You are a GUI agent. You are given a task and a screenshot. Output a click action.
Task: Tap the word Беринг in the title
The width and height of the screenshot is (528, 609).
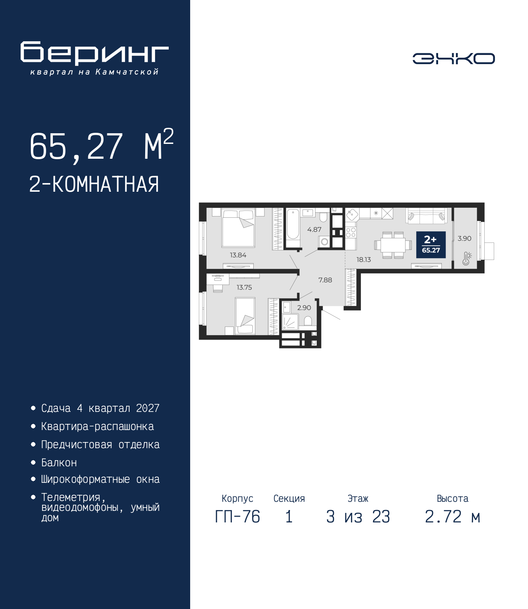(94, 53)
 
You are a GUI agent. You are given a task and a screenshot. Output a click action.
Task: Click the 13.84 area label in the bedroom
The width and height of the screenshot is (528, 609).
(238, 255)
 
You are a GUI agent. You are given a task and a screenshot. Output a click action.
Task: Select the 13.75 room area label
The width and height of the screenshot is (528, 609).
(244, 287)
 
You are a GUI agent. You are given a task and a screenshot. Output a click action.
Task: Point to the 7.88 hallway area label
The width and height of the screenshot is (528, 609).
(325, 280)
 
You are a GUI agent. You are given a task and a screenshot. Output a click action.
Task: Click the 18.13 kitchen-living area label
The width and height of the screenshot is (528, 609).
(363, 260)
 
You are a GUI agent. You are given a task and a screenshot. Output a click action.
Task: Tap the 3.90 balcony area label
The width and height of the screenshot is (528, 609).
(464, 238)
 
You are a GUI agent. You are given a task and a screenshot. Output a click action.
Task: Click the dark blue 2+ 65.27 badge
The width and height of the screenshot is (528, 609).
(431, 245)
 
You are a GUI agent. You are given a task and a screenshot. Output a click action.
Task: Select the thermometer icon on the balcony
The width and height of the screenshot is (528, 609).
(467, 259)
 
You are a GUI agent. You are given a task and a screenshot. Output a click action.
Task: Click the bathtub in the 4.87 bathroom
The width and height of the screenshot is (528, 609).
(293, 228)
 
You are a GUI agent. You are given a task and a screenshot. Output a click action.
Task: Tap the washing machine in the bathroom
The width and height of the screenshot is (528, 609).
(325, 242)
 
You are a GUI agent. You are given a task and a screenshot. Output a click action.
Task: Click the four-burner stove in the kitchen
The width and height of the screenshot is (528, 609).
(351, 232)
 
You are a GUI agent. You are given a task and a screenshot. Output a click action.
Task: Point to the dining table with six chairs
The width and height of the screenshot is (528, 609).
(393, 245)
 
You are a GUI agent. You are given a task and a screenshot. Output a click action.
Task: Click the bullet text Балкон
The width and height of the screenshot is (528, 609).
(59, 463)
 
